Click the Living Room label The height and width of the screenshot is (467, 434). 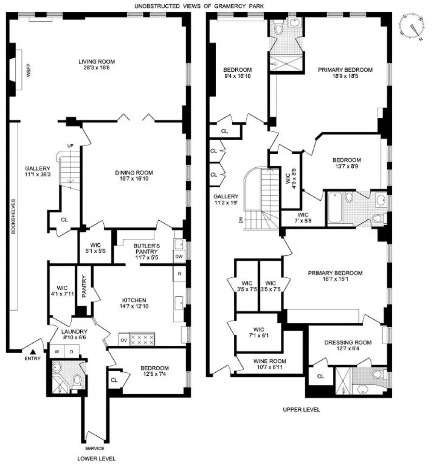click(97, 62)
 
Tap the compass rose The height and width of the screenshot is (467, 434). click(412, 26)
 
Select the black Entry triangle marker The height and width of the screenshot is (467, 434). click(33, 352)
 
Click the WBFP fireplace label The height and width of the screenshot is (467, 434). click(29, 70)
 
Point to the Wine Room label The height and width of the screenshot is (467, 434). click(270, 361)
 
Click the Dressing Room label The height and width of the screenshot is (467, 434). click(348, 342)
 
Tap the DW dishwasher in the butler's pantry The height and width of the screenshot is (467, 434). click(179, 256)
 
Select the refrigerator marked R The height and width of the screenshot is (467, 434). click(179, 274)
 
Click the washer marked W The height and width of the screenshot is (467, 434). click(57, 351)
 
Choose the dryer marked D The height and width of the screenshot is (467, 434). click(72, 351)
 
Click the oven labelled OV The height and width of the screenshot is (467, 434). click(124, 340)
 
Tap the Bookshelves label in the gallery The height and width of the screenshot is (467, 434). click(13, 216)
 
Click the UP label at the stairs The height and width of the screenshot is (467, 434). click(70, 146)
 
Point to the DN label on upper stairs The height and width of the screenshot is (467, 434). click(240, 220)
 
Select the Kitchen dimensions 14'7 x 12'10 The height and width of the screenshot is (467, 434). click(134, 306)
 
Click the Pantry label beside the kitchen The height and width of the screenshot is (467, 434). click(84, 286)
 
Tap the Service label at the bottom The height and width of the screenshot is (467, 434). click(95, 448)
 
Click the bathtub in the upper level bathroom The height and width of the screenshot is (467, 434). click(335, 207)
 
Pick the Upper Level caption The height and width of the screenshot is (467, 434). click(301, 410)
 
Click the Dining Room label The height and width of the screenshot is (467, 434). click(134, 172)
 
